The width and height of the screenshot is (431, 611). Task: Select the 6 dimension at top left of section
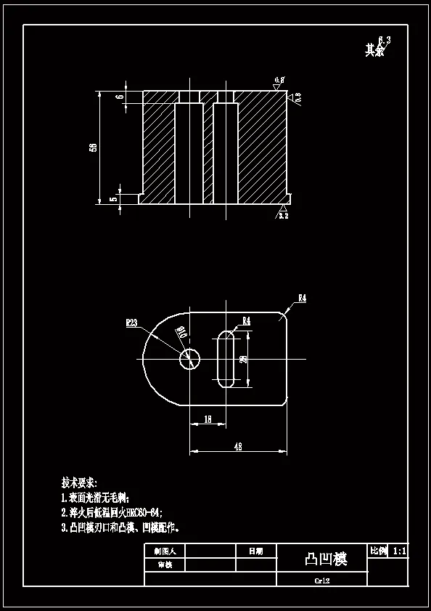(120, 97)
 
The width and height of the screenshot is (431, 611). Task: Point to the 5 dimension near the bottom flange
(113, 198)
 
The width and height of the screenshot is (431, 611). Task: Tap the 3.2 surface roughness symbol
(283, 215)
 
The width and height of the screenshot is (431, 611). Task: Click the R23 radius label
(132, 323)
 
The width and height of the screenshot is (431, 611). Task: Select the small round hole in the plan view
(190, 358)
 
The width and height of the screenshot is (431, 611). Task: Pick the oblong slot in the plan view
(226, 359)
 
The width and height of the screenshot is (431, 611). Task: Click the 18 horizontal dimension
(208, 419)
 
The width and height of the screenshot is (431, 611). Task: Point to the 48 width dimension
(238, 447)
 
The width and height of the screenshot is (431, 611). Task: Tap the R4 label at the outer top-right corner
(302, 298)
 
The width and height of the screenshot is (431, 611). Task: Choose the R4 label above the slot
(246, 320)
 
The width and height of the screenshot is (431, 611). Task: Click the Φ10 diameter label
(181, 333)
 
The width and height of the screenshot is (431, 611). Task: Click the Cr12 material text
(322, 580)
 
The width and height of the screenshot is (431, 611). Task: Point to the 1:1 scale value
(399, 552)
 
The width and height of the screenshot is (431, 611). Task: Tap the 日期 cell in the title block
(256, 551)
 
